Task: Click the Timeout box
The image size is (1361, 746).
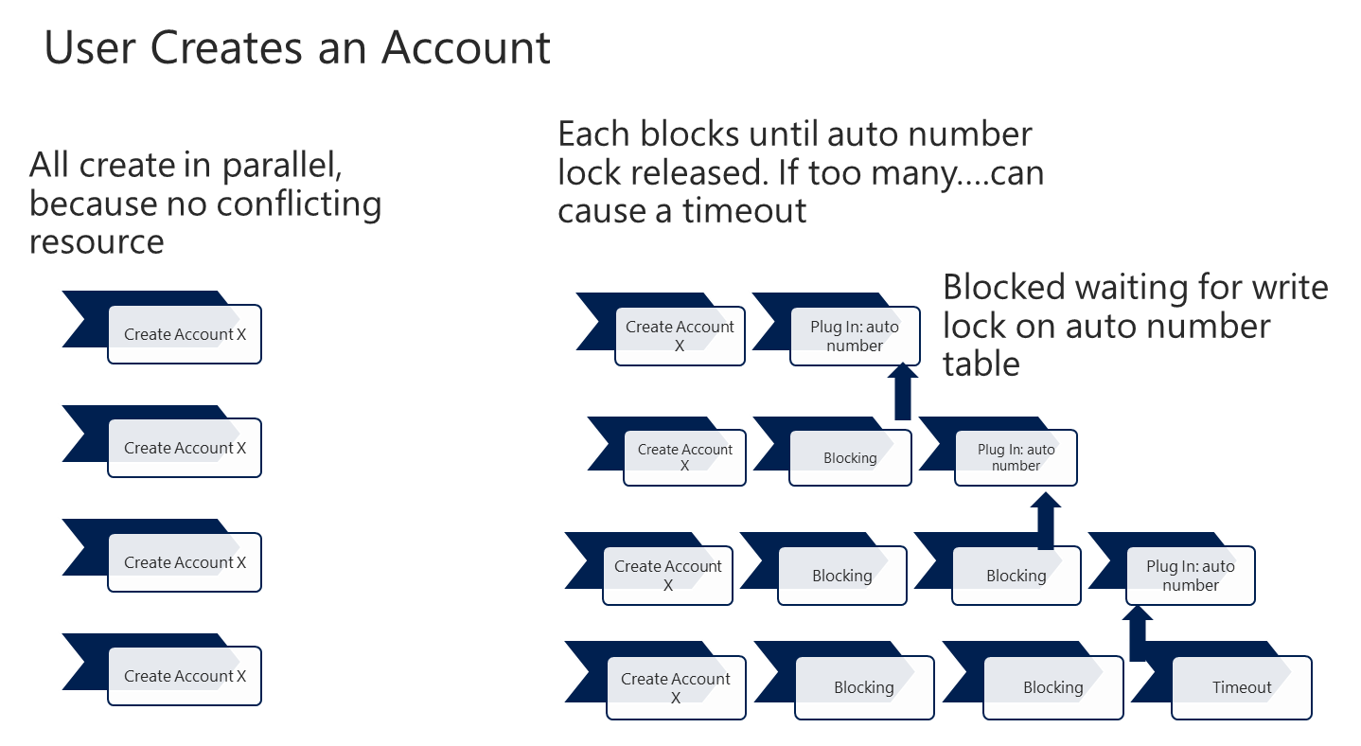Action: tap(1241, 687)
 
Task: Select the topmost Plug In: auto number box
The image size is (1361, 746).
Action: tap(854, 336)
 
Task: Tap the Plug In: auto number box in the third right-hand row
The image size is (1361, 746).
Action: tap(1190, 576)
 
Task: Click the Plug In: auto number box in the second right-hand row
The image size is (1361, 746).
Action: tap(1016, 457)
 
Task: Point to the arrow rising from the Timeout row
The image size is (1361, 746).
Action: tap(1139, 634)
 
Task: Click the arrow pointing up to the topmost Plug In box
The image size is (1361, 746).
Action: tap(903, 391)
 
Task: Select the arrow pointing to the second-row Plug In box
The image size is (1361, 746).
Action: tap(1046, 520)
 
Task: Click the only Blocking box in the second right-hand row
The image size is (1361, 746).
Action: tap(849, 458)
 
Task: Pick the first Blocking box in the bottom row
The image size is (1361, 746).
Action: tap(863, 688)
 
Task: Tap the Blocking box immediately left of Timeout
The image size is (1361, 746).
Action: tap(1052, 688)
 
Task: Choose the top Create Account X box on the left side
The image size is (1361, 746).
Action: tap(185, 334)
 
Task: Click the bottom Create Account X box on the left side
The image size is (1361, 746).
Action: tap(185, 676)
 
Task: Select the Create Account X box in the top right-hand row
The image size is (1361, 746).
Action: tap(680, 336)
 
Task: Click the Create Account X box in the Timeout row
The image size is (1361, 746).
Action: tap(675, 688)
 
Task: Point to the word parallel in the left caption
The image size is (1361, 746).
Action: tap(281, 166)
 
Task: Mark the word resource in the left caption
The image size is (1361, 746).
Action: tap(97, 241)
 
